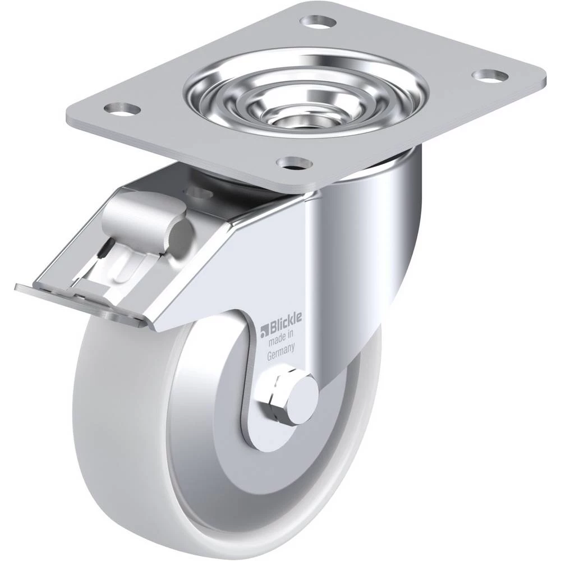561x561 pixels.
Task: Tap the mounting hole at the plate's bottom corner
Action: point(296,163)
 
